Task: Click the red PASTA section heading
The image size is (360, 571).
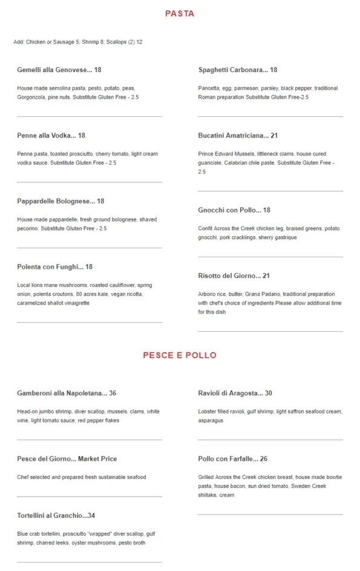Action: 180,13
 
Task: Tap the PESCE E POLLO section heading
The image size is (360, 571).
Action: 180,355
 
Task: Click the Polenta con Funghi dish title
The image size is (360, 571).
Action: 54,267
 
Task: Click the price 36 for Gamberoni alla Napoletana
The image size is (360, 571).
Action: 113,394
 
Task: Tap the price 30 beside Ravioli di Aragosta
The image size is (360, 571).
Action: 268,394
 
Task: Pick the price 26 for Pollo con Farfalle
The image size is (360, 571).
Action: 264,459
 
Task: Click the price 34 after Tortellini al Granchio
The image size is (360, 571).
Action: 91,516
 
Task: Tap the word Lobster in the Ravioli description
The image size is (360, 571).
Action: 208,412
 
